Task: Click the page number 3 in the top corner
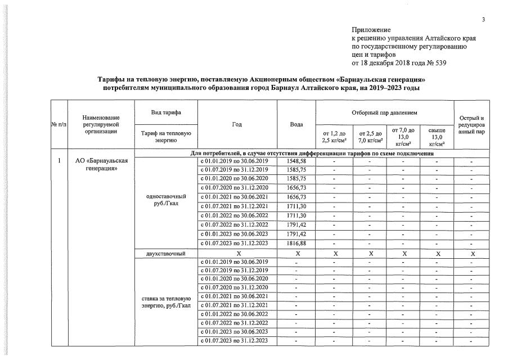tap(483, 20)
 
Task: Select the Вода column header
tap(296, 124)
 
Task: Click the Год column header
tap(237, 124)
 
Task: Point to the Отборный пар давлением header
tap(385, 112)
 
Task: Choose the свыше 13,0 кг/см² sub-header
tap(437, 136)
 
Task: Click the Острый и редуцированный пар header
tap(472, 124)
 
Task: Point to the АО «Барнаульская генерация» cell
tap(102, 165)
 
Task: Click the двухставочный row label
tap(165, 254)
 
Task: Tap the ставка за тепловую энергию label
tap(165, 301)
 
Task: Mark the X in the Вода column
tap(296, 254)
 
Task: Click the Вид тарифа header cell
tap(165, 112)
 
